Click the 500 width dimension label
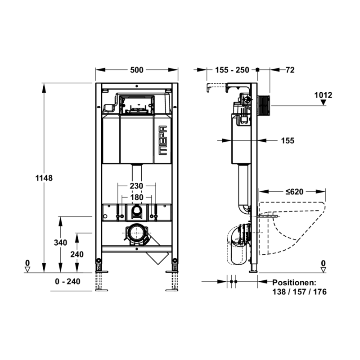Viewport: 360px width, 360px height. click(137, 70)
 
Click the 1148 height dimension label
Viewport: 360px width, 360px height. click(44, 178)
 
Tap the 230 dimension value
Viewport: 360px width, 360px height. click(136, 186)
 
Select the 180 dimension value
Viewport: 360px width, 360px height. click(137, 197)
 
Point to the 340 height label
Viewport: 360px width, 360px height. click(60, 243)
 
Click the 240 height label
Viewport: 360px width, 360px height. click(77, 254)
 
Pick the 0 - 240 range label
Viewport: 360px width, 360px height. click(67, 282)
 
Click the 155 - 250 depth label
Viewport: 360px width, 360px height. click(232, 70)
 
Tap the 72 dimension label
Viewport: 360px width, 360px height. click(290, 70)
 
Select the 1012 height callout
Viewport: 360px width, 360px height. click(323, 95)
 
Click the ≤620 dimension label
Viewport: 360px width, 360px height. click(295, 192)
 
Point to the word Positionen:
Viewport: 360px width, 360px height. click(294, 283)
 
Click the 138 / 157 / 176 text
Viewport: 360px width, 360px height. click(299, 292)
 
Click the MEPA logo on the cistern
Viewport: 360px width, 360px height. click(163, 140)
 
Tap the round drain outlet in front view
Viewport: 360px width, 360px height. click(137, 234)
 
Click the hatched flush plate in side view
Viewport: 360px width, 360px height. click(264, 106)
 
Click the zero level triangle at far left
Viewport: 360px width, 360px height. click(27, 270)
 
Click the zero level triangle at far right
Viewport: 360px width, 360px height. click(323, 270)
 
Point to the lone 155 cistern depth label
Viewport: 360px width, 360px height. click(288, 140)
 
